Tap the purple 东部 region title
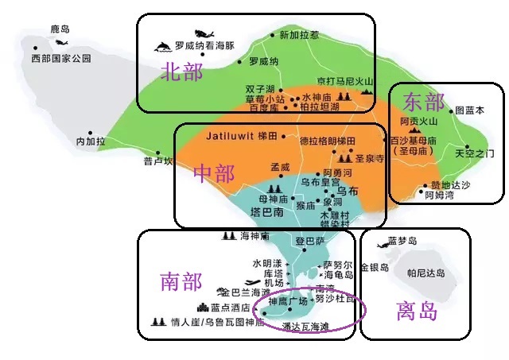click(423, 102)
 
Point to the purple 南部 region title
click(180, 281)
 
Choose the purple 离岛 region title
click(417, 311)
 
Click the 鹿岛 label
click(60, 29)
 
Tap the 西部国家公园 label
click(61, 59)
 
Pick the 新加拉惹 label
click(299, 35)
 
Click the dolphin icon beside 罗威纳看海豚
click(164, 46)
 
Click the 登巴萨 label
click(310, 240)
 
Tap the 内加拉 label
click(91, 141)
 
